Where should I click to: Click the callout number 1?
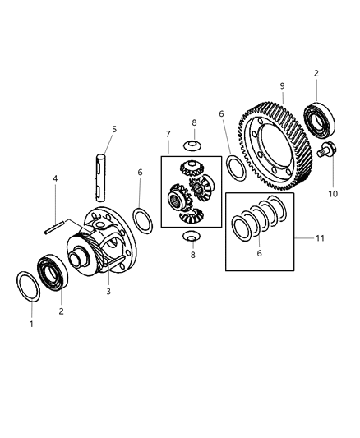point(31,324)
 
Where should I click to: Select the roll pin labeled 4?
point(55,227)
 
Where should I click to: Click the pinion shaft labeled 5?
point(100,178)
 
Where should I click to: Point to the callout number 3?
point(108,292)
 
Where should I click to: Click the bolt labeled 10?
point(327,150)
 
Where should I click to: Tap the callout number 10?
point(333,194)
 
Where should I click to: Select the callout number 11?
point(320,238)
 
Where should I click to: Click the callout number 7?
point(168,134)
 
